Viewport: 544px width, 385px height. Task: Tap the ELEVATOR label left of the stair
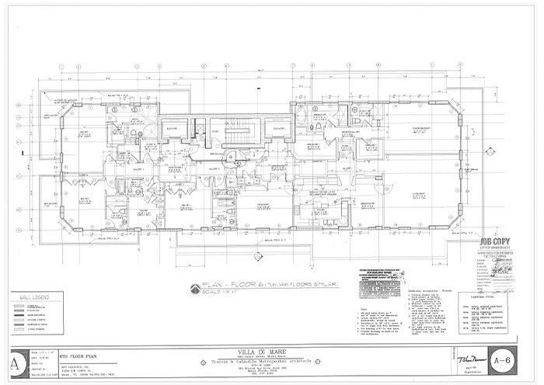(172, 129)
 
